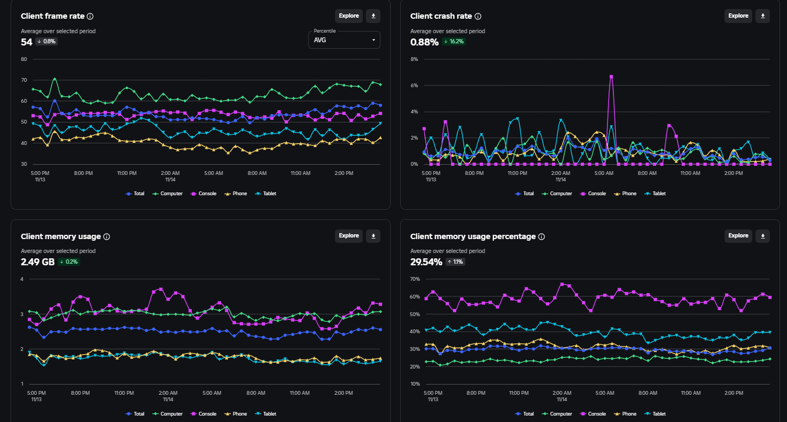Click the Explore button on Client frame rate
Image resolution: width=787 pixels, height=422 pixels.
pyautogui.click(x=348, y=16)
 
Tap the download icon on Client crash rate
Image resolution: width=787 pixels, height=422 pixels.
pyautogui.click(x=762, y=16)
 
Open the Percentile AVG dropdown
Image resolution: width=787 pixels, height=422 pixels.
pyautogui.click(x=344, y=40)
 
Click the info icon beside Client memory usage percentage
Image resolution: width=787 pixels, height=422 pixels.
pyautogui.click(x=541, y=236)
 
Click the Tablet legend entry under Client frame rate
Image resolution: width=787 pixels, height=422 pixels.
pyautogui.click(x=266, y=194)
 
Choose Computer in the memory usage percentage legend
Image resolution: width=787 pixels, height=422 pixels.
pyautogui.click(x=557, y=414)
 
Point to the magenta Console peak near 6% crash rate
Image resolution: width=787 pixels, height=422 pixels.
pyautogui.click(x=611, y=76)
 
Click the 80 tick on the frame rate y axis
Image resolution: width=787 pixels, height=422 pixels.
pyautogui.click(x=24, y=59)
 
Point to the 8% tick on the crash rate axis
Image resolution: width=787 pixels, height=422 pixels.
pyautogui.click(x=414, y=59)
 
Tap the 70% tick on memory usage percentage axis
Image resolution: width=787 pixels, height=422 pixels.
pyautogui.click(x=415, y=279)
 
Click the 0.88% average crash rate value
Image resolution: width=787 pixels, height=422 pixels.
pyautogui.click(x=424, y=42)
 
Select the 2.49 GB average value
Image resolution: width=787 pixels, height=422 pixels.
pyautogui.click(x=37, y=262)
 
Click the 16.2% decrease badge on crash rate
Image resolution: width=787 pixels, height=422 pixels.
pyautogui.click(x=454, y=42)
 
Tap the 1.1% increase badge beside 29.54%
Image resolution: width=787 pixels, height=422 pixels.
pyautogui.click(x=455, y=262)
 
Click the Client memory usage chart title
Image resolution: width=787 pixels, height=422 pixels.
pyautogui.click(x=61, y=236)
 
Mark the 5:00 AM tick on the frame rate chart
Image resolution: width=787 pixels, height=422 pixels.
pyautogui.click(x=214, y=173)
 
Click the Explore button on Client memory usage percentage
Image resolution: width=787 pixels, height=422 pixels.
pyautogui.click(x=738, y=236)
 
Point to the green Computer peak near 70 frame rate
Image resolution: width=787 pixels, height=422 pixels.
pyautogui.click(x=54, y=79)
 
